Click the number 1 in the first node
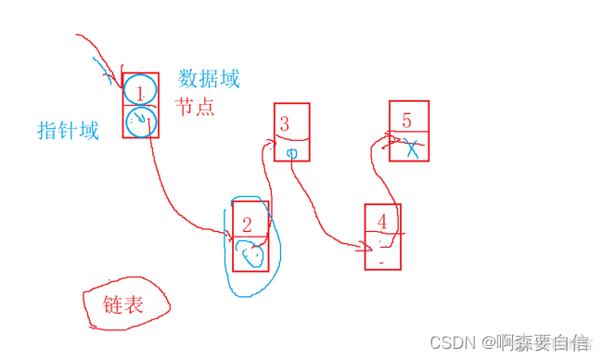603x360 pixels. pos(140,91)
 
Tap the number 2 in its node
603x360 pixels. pos(247,224)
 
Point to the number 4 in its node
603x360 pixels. pos(382,221)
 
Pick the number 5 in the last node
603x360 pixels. pos(407,121)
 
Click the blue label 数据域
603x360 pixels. pos(209,79)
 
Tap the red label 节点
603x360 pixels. pos(196,107)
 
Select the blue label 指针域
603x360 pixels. pos(68,131)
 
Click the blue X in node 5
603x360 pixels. pos(412,147)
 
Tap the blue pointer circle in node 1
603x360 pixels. pos(140,122)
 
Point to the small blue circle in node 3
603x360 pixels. pos(291,152)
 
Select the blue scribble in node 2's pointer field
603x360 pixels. pos(249,251)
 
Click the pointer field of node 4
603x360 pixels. pos(383,252)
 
